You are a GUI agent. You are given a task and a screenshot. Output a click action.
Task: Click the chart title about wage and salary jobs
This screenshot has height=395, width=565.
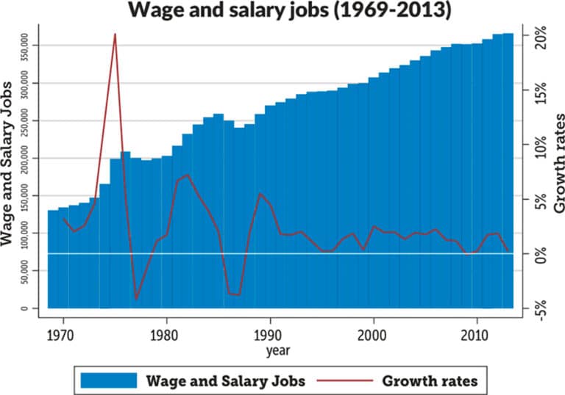click(x=282, y=12)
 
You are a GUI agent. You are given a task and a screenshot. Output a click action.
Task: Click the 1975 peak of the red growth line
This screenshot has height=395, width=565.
click(x=115, y=35)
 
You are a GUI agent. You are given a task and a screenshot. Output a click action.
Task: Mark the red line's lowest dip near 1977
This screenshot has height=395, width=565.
click(x=135, y=299)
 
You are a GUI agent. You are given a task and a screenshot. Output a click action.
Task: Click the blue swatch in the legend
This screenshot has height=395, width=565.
click(x=109, y=380)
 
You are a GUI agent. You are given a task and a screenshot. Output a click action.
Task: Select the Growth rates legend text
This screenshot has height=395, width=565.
click(x=430, y=380)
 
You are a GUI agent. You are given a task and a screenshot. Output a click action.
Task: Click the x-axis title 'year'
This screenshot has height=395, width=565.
click(x=278, y=351)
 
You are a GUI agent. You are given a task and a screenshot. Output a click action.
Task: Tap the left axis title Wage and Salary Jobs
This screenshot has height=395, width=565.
click(x=10, y=169)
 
